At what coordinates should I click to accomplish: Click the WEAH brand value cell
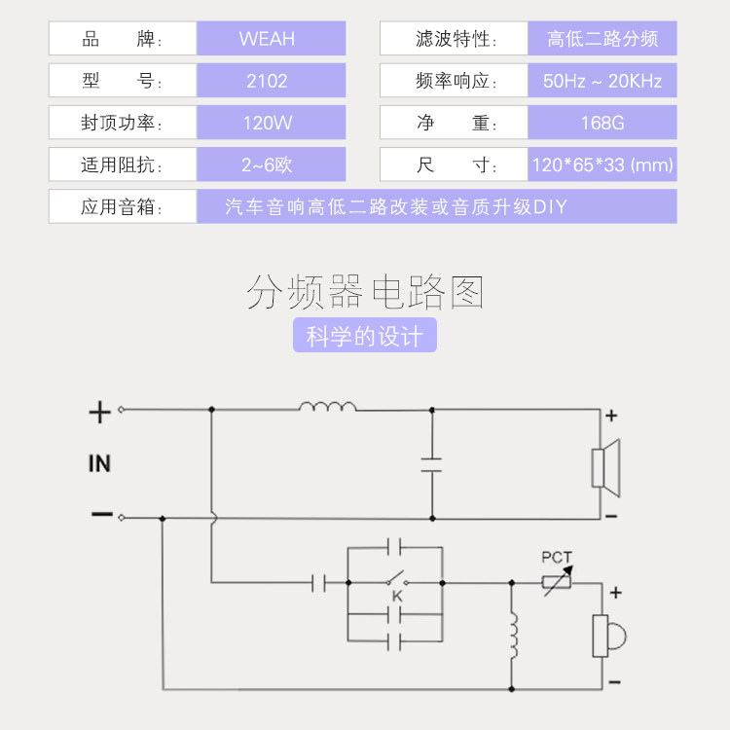click(267, 39)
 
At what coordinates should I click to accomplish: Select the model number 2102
click(267, 81)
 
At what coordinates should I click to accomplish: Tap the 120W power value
click(267, 124)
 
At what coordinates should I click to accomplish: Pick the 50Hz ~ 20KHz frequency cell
click(602, 81)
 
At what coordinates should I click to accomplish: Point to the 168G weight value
click(602, 124)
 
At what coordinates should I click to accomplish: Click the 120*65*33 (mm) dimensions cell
click(602, 164)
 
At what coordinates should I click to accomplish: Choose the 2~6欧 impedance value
click(267, 164)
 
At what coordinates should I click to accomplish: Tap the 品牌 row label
click(123, 39)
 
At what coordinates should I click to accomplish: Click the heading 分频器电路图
click(365, 292)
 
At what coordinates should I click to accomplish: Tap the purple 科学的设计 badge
click(365, 337)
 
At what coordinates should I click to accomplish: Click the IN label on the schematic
click(99, 463)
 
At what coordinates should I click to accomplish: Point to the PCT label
click(557, 558)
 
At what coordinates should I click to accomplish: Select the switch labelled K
click(397, 583)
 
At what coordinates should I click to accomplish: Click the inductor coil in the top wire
click(328, 407)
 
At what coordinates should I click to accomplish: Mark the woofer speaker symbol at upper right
click(604, 463)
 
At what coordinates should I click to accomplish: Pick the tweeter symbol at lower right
click(607, 636)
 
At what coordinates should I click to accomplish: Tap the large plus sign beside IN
click(99, 413)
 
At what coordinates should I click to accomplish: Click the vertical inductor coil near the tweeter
click(513, 636)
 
